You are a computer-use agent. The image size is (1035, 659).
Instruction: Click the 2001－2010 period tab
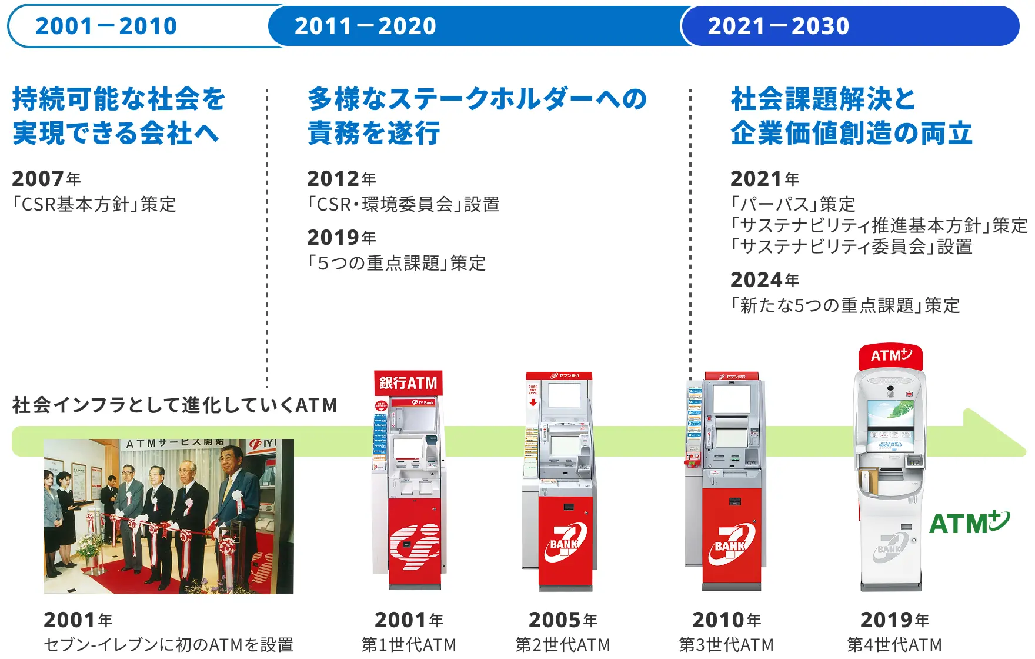106,26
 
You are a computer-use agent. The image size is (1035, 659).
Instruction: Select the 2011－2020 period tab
365,26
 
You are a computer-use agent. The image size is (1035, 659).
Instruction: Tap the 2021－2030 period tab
778,26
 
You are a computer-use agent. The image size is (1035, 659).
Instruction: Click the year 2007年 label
46,178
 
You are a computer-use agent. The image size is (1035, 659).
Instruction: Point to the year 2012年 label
342,178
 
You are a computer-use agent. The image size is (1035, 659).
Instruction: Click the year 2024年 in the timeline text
764,280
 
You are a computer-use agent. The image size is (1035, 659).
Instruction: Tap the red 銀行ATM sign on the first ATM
408,383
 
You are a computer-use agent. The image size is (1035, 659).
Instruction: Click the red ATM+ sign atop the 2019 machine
890,356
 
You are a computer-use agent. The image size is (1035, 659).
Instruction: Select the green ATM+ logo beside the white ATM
969,522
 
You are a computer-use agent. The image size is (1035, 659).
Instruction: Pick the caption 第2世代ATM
563,645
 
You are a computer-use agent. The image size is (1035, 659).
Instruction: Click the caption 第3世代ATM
726,645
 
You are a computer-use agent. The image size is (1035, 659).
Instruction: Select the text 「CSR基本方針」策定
94,205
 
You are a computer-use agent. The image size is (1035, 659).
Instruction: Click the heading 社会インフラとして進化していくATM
175,405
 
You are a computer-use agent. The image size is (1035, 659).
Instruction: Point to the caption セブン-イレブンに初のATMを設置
168,645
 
